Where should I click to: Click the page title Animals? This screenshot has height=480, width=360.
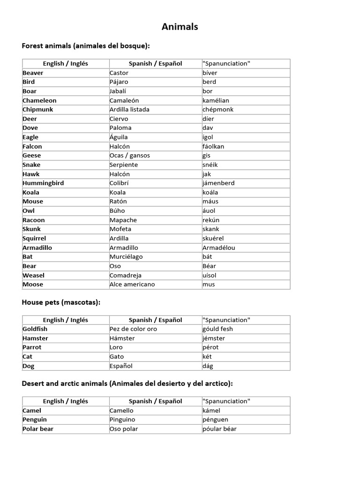180,27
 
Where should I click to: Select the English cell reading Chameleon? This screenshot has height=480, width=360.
39,100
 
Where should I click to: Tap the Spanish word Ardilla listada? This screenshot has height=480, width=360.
129,109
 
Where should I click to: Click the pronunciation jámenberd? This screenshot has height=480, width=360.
218,183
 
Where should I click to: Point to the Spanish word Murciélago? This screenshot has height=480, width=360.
126,256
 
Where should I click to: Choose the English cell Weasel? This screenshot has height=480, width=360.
33,275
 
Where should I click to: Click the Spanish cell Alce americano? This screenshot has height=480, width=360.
132,284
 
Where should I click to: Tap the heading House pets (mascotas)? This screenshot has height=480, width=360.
61,302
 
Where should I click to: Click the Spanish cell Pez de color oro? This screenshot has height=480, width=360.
133,329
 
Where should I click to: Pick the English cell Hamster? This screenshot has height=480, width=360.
35,338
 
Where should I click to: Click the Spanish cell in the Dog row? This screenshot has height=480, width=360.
121,366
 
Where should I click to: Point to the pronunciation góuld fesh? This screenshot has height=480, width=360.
218,329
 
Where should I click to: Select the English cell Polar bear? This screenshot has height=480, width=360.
38,428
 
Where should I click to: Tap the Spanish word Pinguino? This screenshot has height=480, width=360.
122,420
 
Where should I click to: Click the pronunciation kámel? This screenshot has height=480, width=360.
211,410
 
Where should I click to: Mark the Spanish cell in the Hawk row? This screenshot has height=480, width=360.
120,174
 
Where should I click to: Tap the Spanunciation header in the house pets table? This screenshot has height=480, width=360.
226,320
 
